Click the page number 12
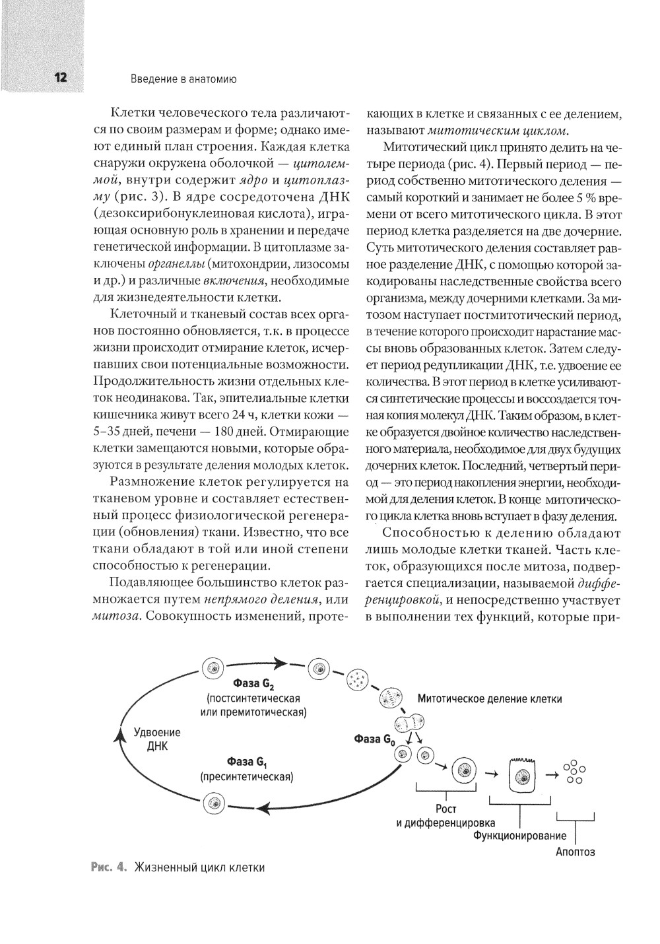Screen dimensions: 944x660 (x=60, y=78)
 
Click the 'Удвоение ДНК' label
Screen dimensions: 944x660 (x=157, y=740)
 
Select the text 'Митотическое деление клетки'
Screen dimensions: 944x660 (x=490, y=698)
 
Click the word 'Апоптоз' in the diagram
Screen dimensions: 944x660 (x=576, y=852)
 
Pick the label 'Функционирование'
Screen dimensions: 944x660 (x=520, y=836)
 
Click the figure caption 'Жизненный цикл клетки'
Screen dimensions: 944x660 (x=199, y=867)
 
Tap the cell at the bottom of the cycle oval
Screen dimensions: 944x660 (x=213, y=803)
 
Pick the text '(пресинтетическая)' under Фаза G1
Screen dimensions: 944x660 (x=246, y=776)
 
